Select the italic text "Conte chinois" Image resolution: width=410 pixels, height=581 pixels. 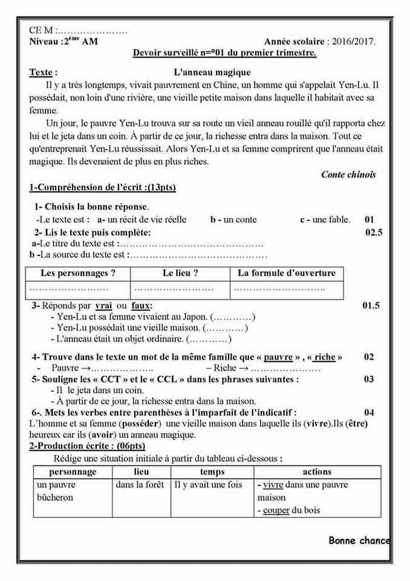point(348,174)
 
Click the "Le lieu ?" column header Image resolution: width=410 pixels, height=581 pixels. point(180,273)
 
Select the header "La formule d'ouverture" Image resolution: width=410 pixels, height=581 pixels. point(287,273)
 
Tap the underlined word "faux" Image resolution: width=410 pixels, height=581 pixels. point(141,306)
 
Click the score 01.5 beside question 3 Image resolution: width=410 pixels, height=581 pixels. point(371,306)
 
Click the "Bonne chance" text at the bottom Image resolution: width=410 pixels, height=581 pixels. point(359,540)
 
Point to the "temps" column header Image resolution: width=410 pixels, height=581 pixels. point(212,471)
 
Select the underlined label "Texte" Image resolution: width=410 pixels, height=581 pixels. point(41,73)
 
